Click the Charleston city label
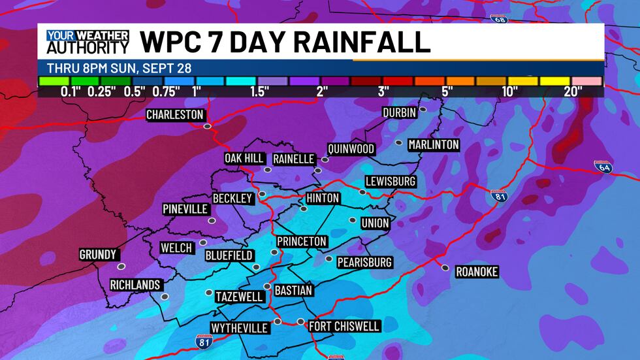click(174, 115)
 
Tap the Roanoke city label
click(477, 272)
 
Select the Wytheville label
click(239, 328)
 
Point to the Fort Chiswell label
click(344, 326)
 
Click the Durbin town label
click(399, 112)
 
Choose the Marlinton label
click(434, 144)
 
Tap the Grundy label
click(98, 254)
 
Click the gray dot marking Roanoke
click(445, 267)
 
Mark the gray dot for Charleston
click(207, 126)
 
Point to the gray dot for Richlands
click(165, 296)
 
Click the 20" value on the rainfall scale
click(573, 91)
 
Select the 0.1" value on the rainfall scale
click(71, 91)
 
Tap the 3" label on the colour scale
click(383, 91)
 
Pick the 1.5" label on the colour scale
click(259, 91)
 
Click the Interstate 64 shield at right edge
click(602, 167)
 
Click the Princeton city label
click(302, 241)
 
